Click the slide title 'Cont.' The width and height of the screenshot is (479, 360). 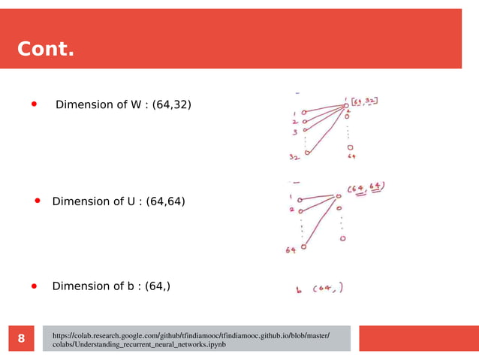46,50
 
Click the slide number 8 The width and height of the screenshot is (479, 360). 21,339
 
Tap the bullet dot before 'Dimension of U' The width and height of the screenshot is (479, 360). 39,201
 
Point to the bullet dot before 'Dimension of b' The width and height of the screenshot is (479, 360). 34,286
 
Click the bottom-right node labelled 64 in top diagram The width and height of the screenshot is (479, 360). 351,148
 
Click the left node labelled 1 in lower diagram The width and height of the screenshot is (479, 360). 300,200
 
